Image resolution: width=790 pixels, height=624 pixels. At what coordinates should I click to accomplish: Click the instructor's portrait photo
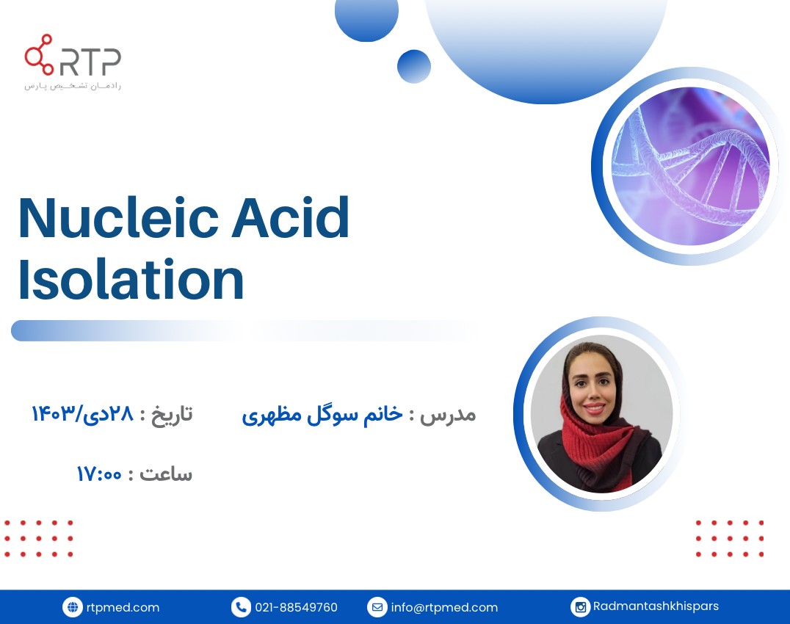pos(601,415)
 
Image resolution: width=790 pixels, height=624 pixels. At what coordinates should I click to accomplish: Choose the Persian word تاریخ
pos(171,414)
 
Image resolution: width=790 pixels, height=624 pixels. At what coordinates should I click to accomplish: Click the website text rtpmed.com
pos(123,607)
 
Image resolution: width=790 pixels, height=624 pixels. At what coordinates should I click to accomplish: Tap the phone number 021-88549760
pos(296,607)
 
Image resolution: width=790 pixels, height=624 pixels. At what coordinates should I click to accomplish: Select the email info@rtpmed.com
pos(444,607)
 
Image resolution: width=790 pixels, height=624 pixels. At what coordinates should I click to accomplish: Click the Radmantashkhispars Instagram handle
pos(656,606)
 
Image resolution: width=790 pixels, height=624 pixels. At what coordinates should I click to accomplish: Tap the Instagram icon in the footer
pos(580,607)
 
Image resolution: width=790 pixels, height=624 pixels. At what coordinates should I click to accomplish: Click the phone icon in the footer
pos(241,607)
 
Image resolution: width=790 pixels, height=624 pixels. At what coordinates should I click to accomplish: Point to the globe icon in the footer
pos(72,607)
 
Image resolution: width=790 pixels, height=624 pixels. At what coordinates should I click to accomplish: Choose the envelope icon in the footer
pos(377,607)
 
